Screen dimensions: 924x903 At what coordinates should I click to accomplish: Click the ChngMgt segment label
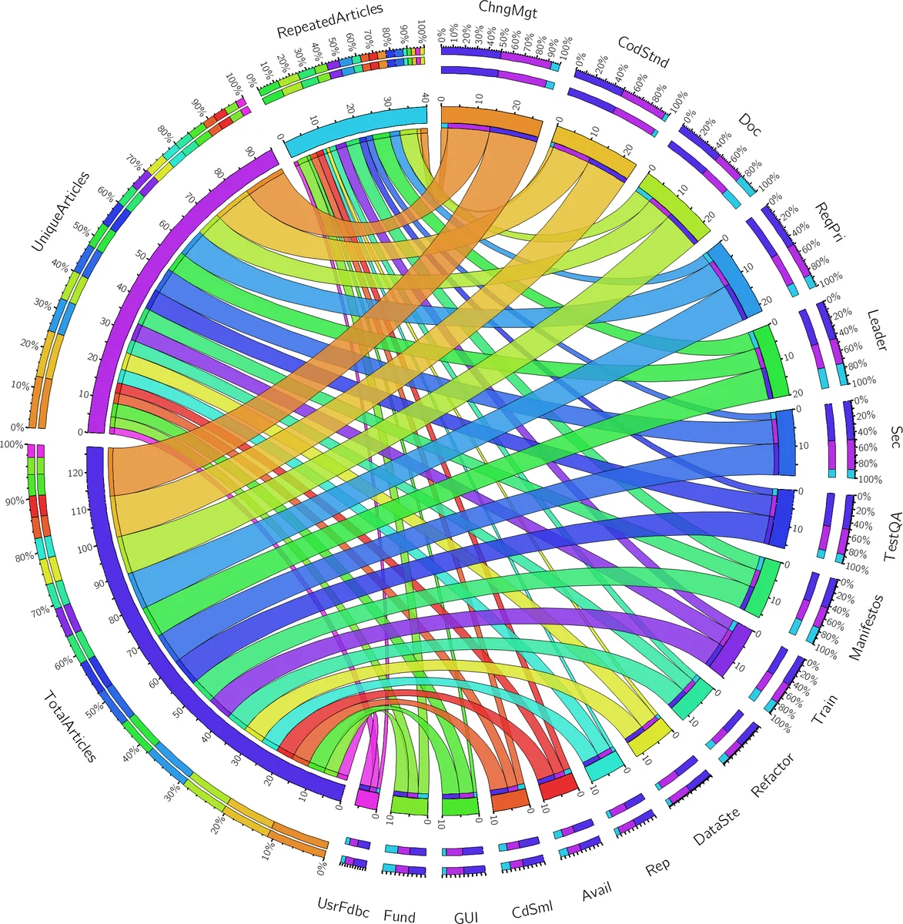507,9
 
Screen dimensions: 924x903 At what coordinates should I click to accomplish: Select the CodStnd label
644,51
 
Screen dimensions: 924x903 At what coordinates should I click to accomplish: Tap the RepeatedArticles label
329,21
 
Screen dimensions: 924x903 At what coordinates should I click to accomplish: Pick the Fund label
399,916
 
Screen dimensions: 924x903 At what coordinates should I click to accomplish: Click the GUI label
466,916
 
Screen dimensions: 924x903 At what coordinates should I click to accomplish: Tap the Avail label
597,892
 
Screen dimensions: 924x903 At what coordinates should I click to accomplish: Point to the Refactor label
772,775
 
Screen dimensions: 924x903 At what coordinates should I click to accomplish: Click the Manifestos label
866,628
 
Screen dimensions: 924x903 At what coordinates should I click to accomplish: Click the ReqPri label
829,221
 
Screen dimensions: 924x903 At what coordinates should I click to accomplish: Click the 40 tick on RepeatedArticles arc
424,98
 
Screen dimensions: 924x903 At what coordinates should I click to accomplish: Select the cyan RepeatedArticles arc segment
354,126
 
